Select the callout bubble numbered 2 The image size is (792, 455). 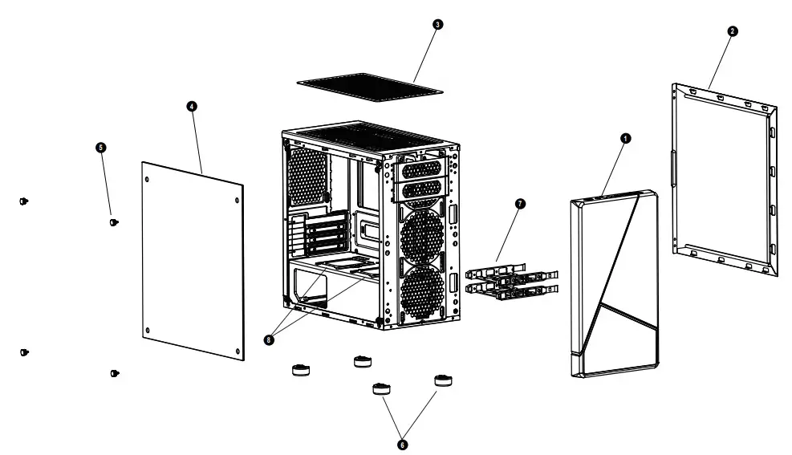pyautogui.click(x=732, y=31)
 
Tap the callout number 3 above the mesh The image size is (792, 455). pyautogui.click(x=437, y=25)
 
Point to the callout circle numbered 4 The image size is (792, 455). pyautogui.click(x=192, y=107)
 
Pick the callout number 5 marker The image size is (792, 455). pyautogui.click(x=101, y=148)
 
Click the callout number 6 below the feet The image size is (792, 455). pyautogui.click(x=402, y=443)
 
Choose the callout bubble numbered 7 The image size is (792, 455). pyautogui.click(x=519, y=204)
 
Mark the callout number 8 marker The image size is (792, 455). pyautogui.click(x=268, y=339)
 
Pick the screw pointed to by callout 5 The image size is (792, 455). pyautogui.click(x=115, y=221)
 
